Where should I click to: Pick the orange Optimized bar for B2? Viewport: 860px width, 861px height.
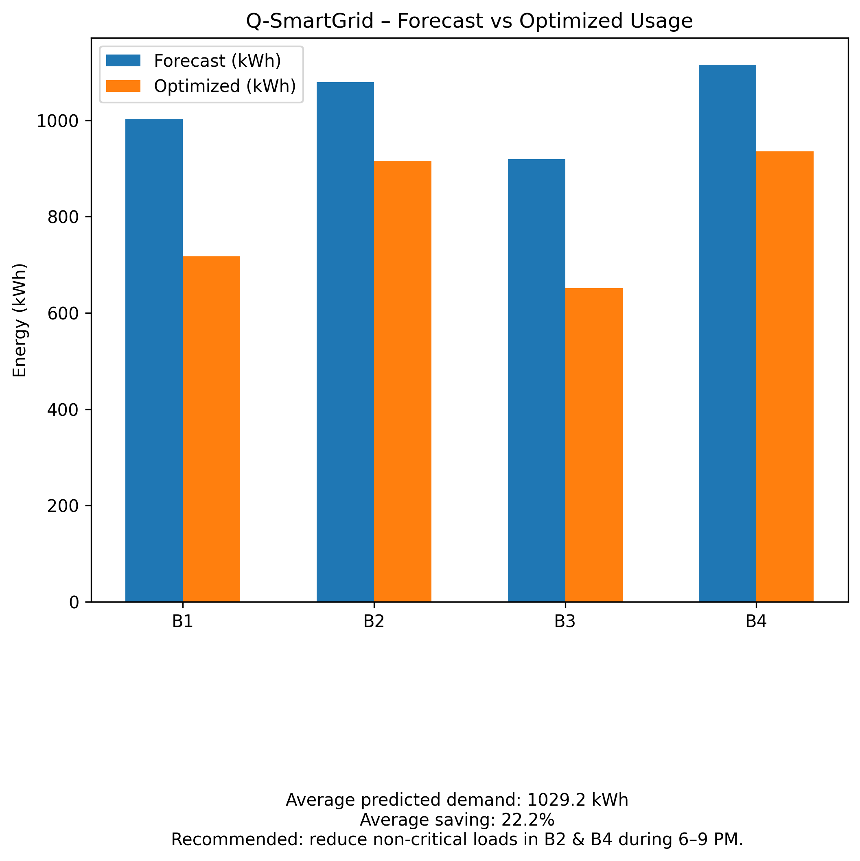(x=403, y=381)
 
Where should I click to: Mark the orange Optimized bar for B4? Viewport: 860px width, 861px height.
(x=785, y=376)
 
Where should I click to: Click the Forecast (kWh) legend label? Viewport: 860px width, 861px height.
(x=217, y=61)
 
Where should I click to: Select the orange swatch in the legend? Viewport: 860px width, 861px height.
(x=123, y=86)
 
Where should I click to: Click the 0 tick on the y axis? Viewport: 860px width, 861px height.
(x=74, y=603)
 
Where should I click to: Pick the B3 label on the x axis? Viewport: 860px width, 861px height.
(x=565, y=622)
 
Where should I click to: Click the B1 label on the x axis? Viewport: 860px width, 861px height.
(x=182, y=622)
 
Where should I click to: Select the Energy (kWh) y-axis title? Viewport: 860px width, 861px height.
(x=20, y=320)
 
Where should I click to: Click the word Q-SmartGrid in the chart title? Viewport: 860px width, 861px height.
(x=310, y=21)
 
